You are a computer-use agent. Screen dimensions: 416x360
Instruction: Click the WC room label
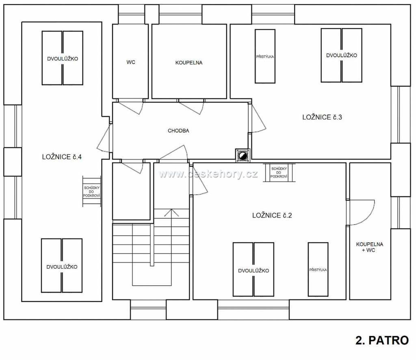pos(131,62)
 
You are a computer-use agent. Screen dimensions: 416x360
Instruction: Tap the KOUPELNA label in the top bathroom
pos(189,63)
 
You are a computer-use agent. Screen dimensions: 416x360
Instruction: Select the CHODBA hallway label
pos(179,131)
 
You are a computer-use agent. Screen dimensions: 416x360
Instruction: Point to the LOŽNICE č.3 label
pos(322,117)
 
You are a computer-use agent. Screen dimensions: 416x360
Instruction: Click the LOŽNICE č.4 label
pos(62,157)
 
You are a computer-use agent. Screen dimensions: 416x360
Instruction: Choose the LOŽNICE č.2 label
pos(272,216)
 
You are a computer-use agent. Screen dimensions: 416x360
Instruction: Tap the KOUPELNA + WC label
pos(370,247)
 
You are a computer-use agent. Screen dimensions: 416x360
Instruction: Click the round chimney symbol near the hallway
pos(243,155)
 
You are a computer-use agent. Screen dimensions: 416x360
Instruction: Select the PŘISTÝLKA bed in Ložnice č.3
pos(265,56)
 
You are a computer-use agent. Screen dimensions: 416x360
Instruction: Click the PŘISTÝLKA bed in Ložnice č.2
pos(318,269)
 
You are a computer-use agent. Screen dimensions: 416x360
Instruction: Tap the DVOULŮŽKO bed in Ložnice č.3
pos(341,56)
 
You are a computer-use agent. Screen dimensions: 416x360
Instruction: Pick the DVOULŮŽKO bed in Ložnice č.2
pos(253,269)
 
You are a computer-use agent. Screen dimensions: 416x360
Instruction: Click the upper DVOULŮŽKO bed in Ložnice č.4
pos(62,58)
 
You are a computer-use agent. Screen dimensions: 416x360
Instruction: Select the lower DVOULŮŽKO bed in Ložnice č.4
pos(62,265)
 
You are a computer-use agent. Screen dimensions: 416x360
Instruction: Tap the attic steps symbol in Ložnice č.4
pos(91,192)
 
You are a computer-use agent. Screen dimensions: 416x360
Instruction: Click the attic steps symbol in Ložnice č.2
pos(279,172)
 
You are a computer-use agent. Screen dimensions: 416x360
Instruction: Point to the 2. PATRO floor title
pos(382,341)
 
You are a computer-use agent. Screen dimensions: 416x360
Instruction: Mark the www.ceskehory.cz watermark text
pos(208,174)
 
